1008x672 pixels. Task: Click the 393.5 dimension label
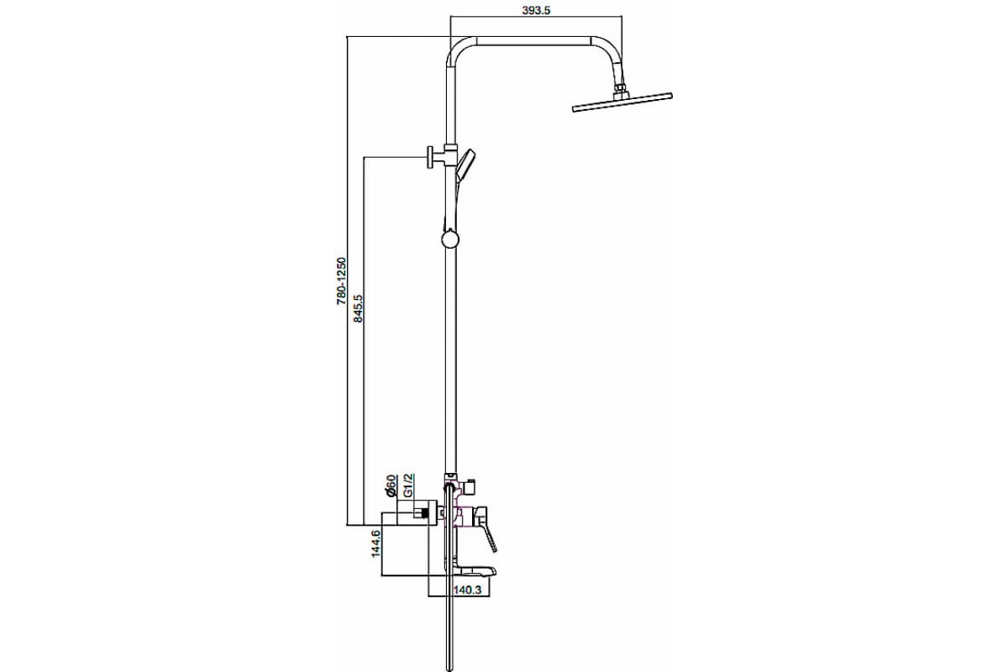coord(536,10)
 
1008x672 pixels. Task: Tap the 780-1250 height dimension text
coord(342,281)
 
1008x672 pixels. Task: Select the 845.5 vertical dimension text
coord(358,308)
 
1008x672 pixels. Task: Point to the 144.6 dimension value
coord(376,543)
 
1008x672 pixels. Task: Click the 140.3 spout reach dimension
coord(468,590)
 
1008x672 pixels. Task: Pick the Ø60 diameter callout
coord(391,486)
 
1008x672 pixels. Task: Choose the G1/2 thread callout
coord(408,486)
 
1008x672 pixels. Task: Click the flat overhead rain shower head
coord(622,102)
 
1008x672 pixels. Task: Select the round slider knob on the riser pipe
coord(450,239)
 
